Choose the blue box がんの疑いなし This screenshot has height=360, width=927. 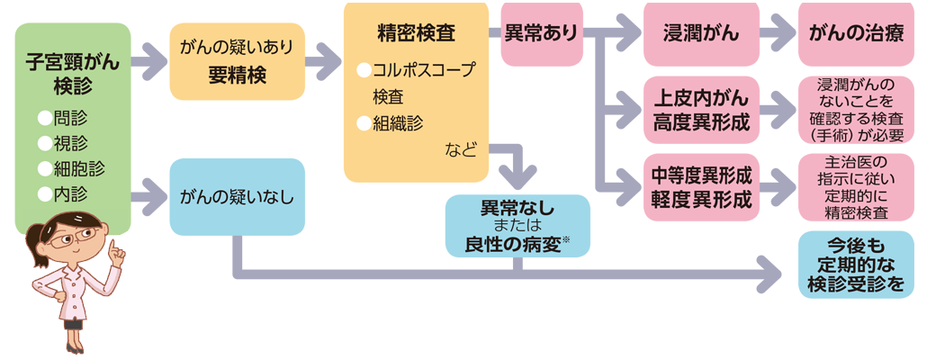238,194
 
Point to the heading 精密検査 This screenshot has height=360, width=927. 416,34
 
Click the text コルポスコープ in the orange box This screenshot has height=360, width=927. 423,70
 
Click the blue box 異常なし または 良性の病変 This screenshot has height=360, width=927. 517,226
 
